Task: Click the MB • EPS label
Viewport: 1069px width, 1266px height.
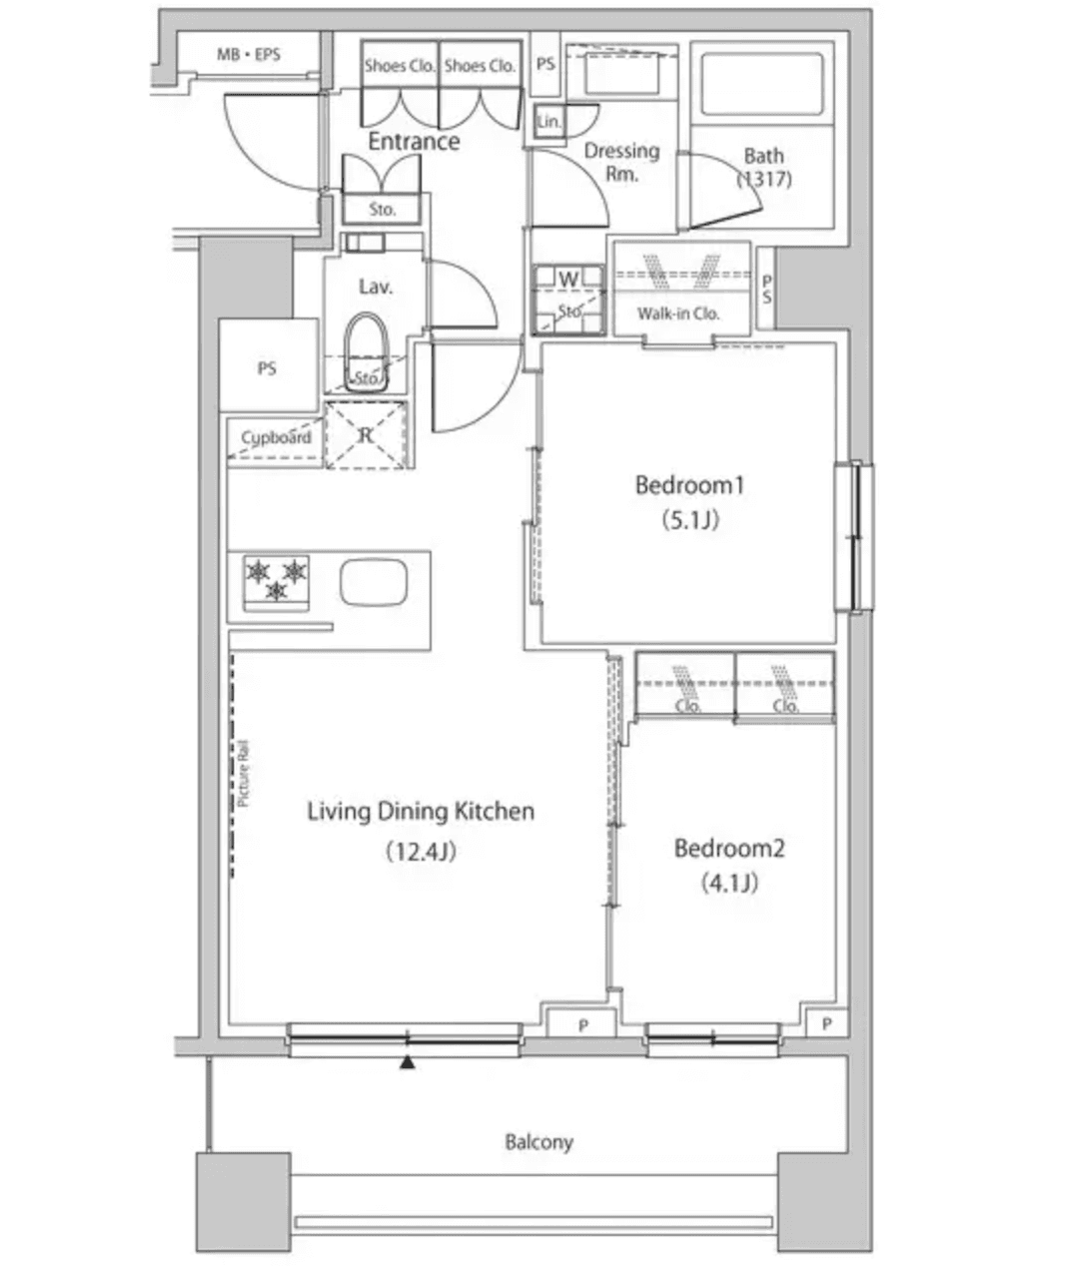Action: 249,55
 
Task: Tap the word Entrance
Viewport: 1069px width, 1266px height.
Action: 414,142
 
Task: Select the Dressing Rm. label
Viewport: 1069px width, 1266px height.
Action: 621,162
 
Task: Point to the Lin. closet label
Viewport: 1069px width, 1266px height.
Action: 548,122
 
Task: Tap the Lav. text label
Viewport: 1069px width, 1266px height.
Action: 376,287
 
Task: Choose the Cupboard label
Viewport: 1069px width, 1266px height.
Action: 276,437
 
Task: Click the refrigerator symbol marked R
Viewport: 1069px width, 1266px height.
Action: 366,434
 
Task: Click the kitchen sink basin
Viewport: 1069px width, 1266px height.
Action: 376,582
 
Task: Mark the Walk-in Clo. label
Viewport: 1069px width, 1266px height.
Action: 678,314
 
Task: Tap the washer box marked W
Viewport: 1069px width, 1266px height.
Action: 568,279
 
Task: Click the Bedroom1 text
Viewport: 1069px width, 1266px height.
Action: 690,485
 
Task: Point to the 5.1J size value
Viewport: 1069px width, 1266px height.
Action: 690,519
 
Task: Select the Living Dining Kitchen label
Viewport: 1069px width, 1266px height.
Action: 420,812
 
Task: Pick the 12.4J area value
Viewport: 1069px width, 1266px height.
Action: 420,851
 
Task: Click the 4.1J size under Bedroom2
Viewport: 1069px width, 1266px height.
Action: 729,883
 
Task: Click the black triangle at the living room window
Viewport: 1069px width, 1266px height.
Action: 407,1064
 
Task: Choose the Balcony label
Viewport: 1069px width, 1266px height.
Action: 538,1142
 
